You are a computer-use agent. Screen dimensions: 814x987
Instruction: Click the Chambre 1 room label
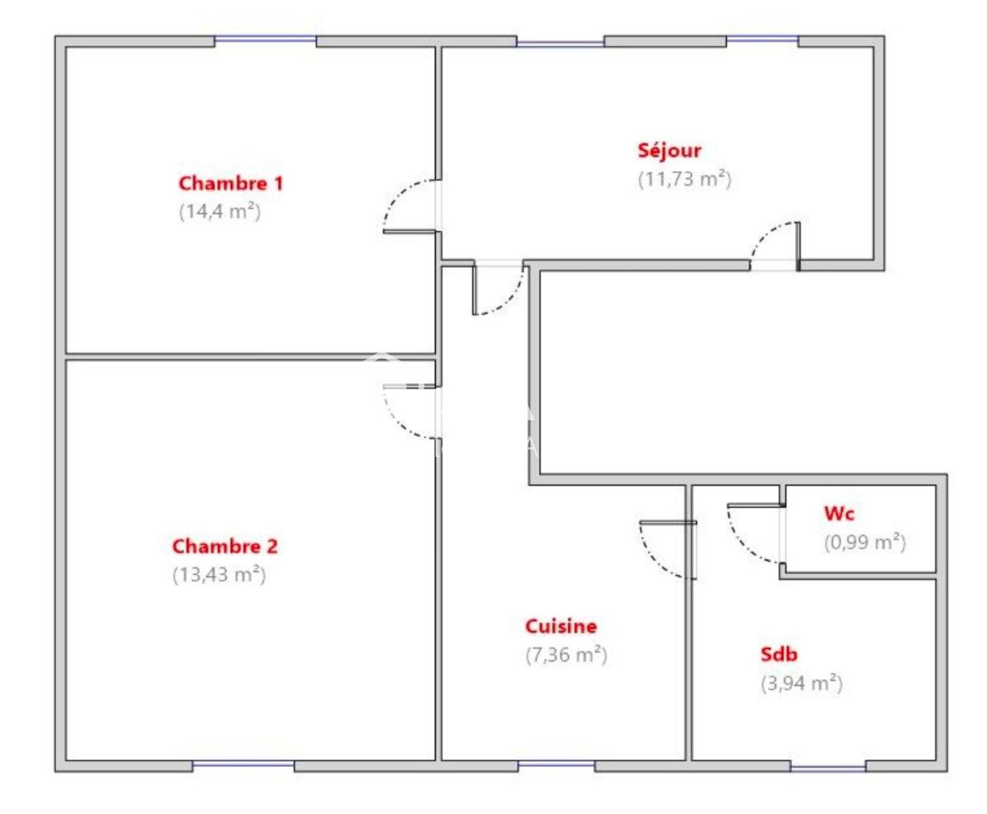click(x=231, y=184)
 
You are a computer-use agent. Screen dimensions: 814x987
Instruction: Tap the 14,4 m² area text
click(x=220, y=211)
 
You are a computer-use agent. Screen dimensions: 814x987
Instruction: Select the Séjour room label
click(x=669, y=151)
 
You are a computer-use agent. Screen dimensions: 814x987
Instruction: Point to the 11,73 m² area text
click(x=684, y=179)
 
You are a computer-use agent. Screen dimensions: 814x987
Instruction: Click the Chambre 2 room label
click(x=225, y=546)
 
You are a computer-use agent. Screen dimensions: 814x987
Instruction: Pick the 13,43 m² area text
click(x=219, y=574)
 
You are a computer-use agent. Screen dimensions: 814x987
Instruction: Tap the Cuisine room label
click(x=561, y=626)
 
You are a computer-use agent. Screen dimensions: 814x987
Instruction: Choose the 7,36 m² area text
click(x=566, y=655)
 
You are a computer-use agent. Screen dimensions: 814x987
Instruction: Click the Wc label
click(x=839, y=513)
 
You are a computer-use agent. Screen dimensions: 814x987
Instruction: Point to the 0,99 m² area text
click(x=865, y=542)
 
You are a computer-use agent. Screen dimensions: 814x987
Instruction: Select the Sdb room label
click(x=779, y=655)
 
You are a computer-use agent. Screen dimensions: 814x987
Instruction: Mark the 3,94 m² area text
click(x=801, y=683)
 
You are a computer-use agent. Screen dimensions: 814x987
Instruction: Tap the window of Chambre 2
click(x=243, y=765)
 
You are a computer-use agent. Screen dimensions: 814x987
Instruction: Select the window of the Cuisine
click(x=556, y=765)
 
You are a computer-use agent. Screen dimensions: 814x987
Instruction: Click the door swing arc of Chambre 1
click(x=396, y=198)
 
